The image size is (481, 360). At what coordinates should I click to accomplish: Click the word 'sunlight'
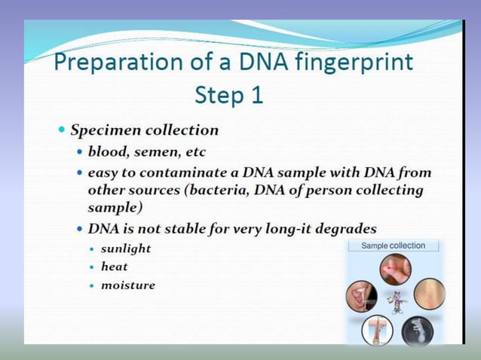tap(126, 248)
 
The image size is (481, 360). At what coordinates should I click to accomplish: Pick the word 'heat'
tap(115, 267)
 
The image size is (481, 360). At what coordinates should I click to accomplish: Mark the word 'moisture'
tap(128, 285)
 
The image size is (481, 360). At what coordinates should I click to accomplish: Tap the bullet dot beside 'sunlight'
tap(92, 249)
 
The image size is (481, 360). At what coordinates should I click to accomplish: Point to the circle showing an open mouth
tap(361, 296)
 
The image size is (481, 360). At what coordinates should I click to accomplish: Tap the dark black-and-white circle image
tap(416, 330)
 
